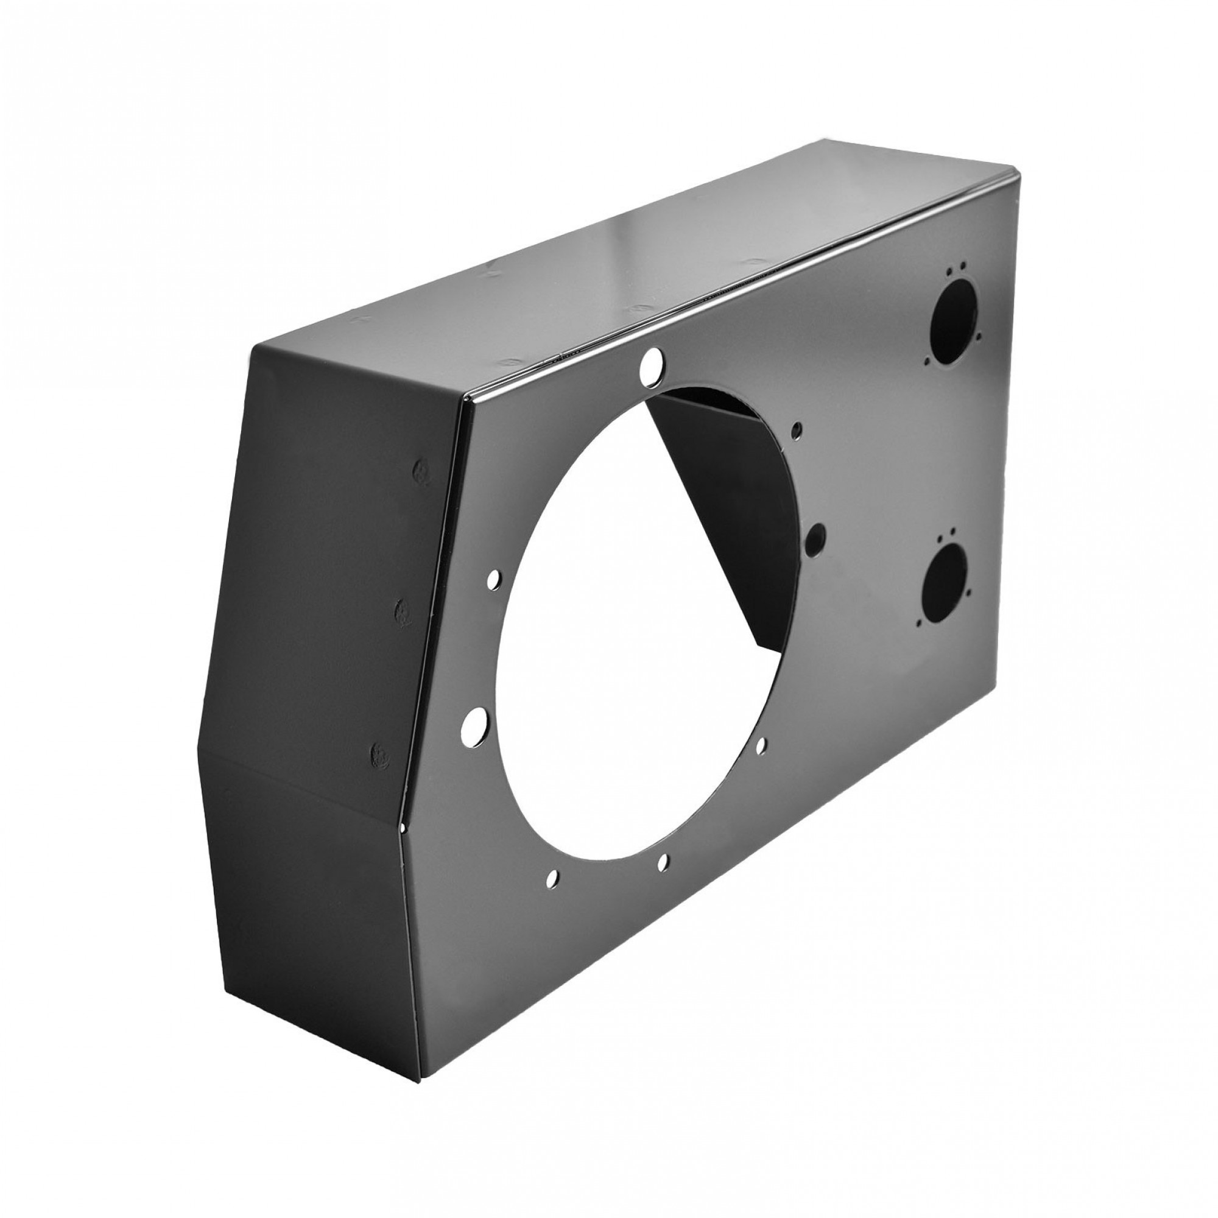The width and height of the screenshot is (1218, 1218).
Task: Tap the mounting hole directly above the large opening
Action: click(x=648, y=364)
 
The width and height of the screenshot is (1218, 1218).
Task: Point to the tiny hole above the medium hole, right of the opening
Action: click(x=798, y=430)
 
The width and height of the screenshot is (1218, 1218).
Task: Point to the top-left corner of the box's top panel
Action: click(x=253, y=346)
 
